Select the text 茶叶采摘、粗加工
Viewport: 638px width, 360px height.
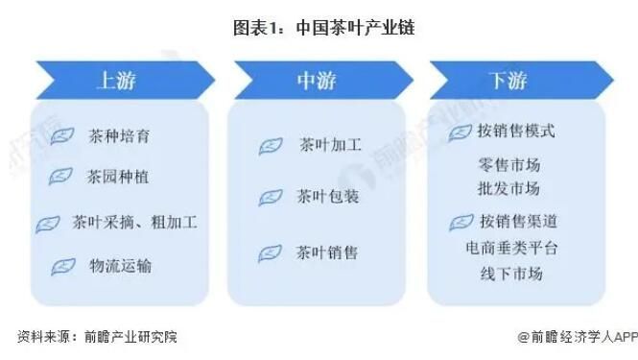133,222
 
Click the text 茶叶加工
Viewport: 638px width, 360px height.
330,146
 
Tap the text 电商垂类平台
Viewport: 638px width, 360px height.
509,248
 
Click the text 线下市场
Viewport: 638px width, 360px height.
510,274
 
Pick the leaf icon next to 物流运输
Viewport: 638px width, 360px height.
63,266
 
